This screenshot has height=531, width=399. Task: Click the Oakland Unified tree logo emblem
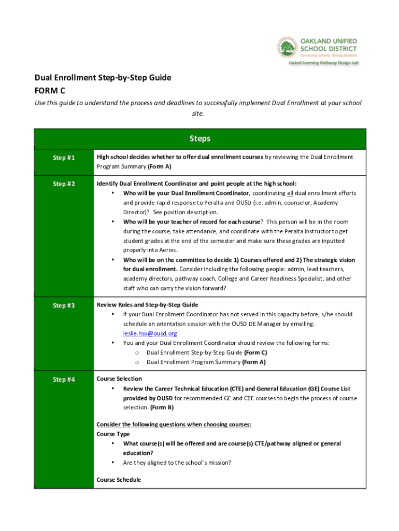point(287,48)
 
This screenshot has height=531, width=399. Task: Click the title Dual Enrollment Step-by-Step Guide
point(103,78)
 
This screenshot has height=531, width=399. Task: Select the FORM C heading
point(50,90)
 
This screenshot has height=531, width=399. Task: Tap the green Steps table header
point(200,138)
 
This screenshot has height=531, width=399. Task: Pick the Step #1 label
point(64,157)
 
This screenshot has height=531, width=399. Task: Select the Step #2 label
point(64,184)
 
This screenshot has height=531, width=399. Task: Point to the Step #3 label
point(64,305)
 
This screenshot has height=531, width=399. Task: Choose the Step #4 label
point(64,380)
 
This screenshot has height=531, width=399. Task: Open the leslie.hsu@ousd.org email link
point(150,333)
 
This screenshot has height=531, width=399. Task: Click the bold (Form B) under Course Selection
point(162,408)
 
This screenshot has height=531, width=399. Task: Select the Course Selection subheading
point(119,379)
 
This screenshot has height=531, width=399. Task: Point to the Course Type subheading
point(113,434)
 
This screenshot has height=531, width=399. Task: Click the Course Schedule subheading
point(119,480)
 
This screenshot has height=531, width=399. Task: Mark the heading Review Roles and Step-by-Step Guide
point(147,305)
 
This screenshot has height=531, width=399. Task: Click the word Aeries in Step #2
point(176,250)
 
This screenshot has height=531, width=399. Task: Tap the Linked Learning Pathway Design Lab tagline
point(324,63)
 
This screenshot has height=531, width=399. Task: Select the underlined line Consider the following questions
point(174,424)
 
